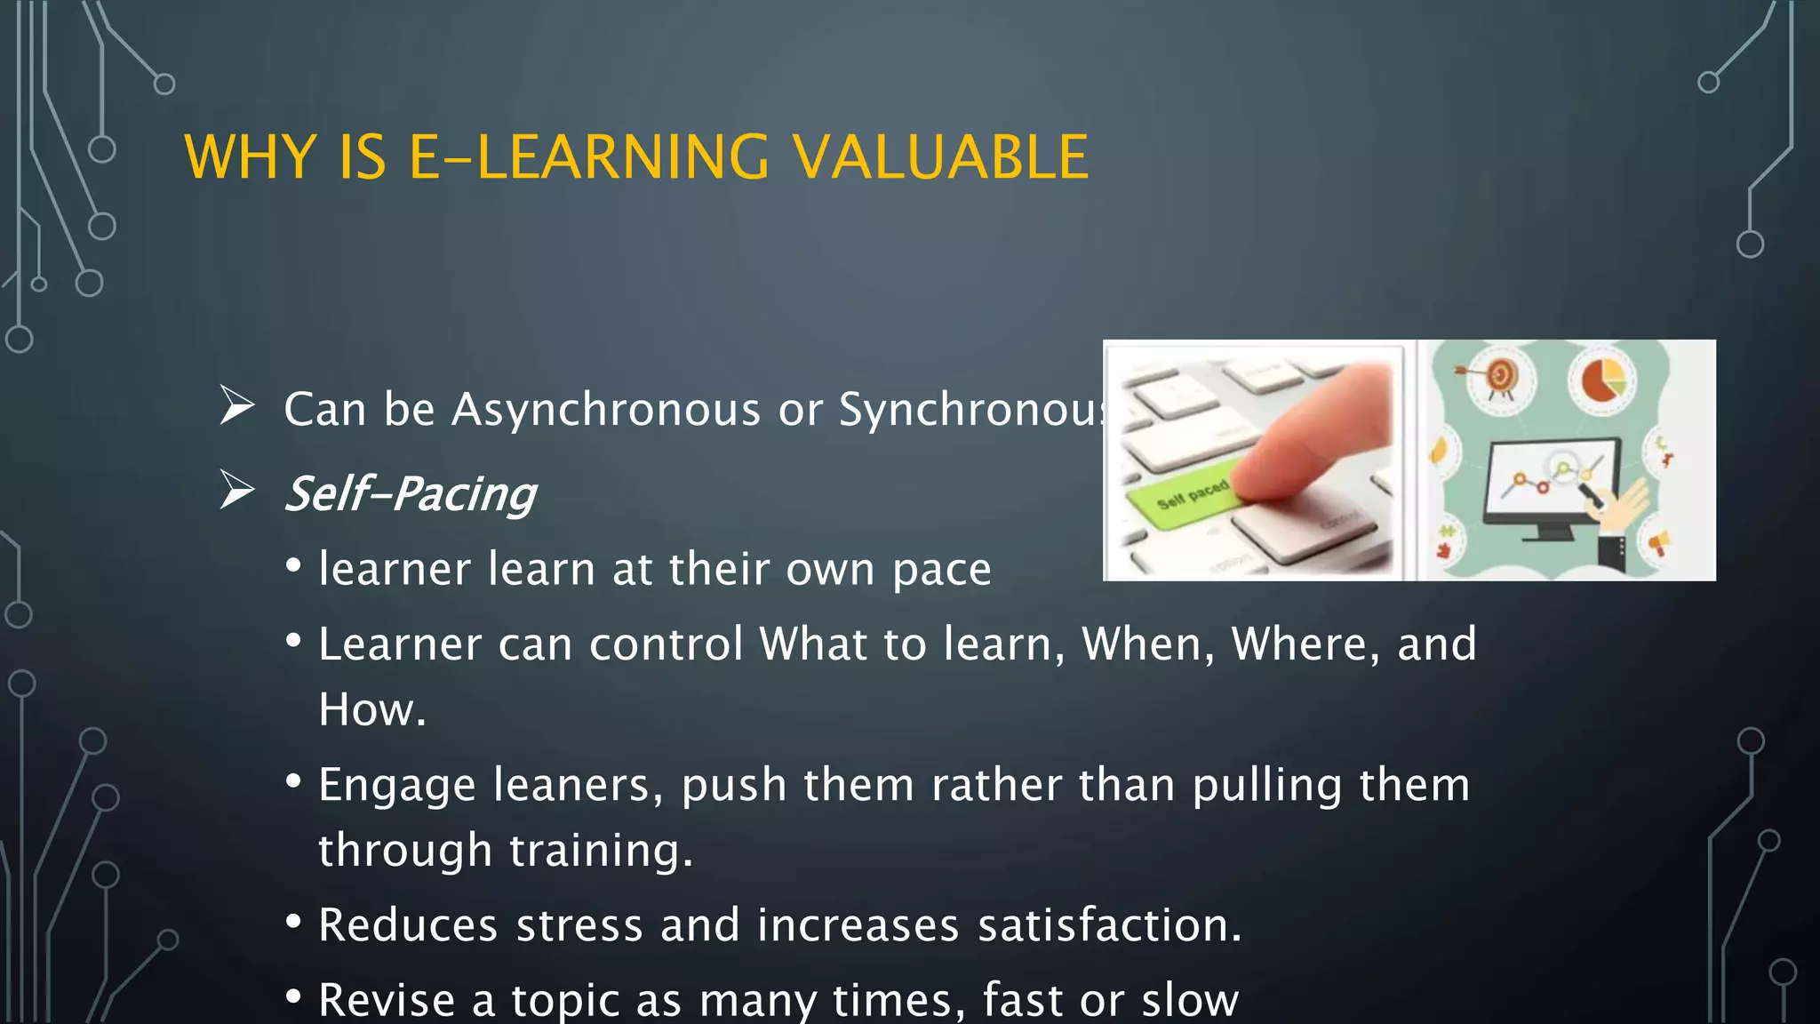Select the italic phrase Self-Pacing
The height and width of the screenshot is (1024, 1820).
(411, 494)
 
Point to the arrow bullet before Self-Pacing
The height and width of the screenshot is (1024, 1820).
(236, 490)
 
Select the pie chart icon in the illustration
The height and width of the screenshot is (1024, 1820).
(1602, 380)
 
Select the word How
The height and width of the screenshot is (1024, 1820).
(371, 710)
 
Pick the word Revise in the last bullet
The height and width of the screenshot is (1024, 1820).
(387, 1000)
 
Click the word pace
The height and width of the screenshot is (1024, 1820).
(941, 570)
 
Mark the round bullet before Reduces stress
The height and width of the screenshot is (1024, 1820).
(294, 922)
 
